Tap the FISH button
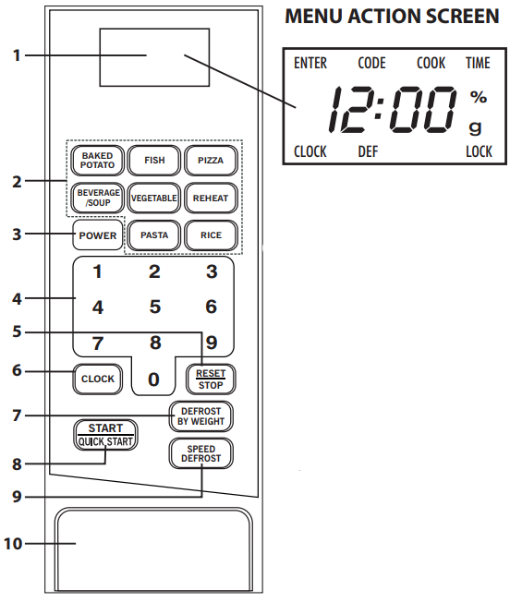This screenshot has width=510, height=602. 154,161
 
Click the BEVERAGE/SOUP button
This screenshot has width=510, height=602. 96,198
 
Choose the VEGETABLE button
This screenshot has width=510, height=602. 154,198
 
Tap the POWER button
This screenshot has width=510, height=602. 97,235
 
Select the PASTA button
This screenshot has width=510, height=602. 154,235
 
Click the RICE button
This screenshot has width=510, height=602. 211,235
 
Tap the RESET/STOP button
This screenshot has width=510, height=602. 211,379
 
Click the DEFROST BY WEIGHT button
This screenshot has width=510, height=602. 200,416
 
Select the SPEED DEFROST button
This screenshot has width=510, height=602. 200,453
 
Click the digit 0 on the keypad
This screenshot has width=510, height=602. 154,379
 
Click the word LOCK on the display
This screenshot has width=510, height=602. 479,151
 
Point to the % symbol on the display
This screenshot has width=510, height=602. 477,96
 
